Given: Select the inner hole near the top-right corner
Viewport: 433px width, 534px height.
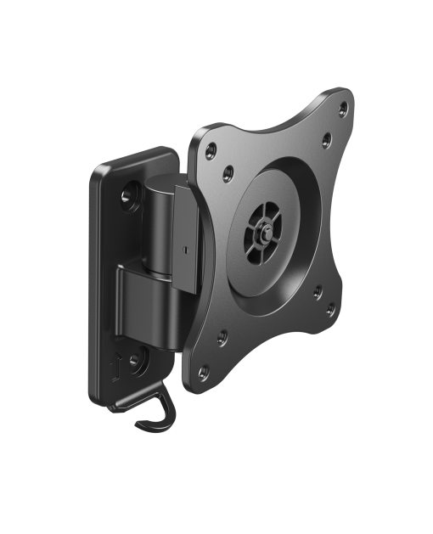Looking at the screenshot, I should click(326, 137).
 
